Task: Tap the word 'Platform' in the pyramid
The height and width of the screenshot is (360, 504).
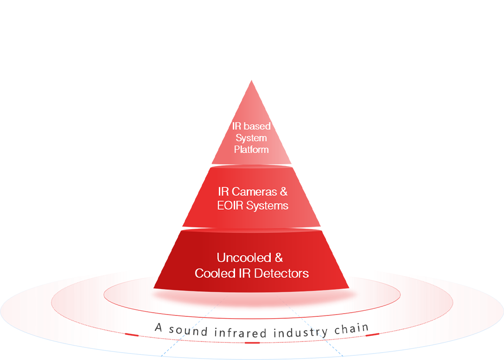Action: click(251, 150)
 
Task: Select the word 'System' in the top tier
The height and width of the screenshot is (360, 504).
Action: click(251, 138)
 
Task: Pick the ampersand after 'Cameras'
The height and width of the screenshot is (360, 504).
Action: click(283, 192)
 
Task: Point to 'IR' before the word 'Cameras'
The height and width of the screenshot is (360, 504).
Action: click(223, 192)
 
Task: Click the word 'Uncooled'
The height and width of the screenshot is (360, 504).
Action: click(243, 258)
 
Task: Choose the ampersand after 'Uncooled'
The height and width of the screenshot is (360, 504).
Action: click(278, 258)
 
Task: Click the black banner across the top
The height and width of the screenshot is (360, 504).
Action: click(252, 39)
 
